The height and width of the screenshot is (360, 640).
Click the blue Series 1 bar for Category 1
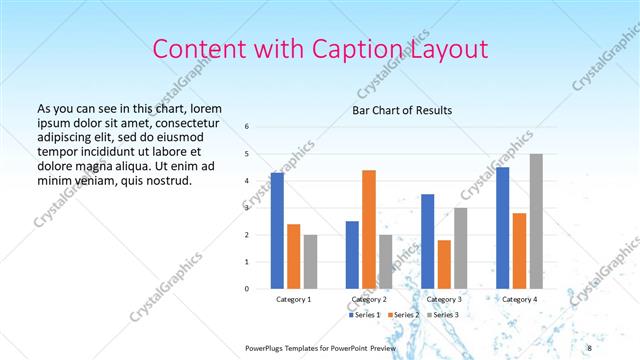pyautogui.click(x=277, y=230)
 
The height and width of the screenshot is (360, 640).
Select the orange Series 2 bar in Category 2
pyautogui.click(x=369, y=229)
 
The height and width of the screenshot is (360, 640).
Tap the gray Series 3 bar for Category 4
pyautogui.click(x=536, y=221)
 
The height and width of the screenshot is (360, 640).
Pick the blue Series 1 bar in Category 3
pyautogui.click(x=427, y=241)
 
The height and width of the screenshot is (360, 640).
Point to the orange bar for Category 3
pyautogui.click(x=444, y=264)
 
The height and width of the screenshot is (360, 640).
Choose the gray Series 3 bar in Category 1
pyautogui.click(x=310, y=261)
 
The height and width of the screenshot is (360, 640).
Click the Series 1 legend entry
pyautogui.click(x=365, y=315)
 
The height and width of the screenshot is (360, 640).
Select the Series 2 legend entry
pyautogui.click(x=403, y=315)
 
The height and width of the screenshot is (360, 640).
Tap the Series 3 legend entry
pyautogui.click(x=442, y=315)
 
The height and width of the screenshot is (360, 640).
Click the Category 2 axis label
pyautogui.click(x=369, y=299)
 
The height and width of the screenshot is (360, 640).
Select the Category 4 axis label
pyautogui.click(x=519, y=299)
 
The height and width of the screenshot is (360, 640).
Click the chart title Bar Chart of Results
pyautogui.click(x=401, y=110)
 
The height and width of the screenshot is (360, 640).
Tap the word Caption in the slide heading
pyautogui.click(x=360, y=49)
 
